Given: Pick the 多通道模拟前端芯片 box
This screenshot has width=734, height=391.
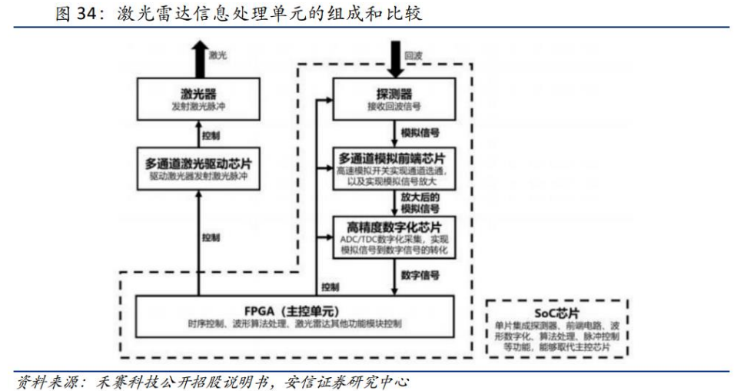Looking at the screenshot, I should pos(394,169).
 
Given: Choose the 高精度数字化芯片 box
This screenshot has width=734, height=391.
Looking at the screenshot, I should pos(394,237).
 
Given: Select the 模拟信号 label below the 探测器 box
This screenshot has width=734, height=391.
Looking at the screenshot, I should pos(419,132).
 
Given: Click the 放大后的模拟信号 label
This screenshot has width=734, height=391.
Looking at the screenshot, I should pos(420,202).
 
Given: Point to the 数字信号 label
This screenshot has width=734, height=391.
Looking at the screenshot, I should pos(420,273).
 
